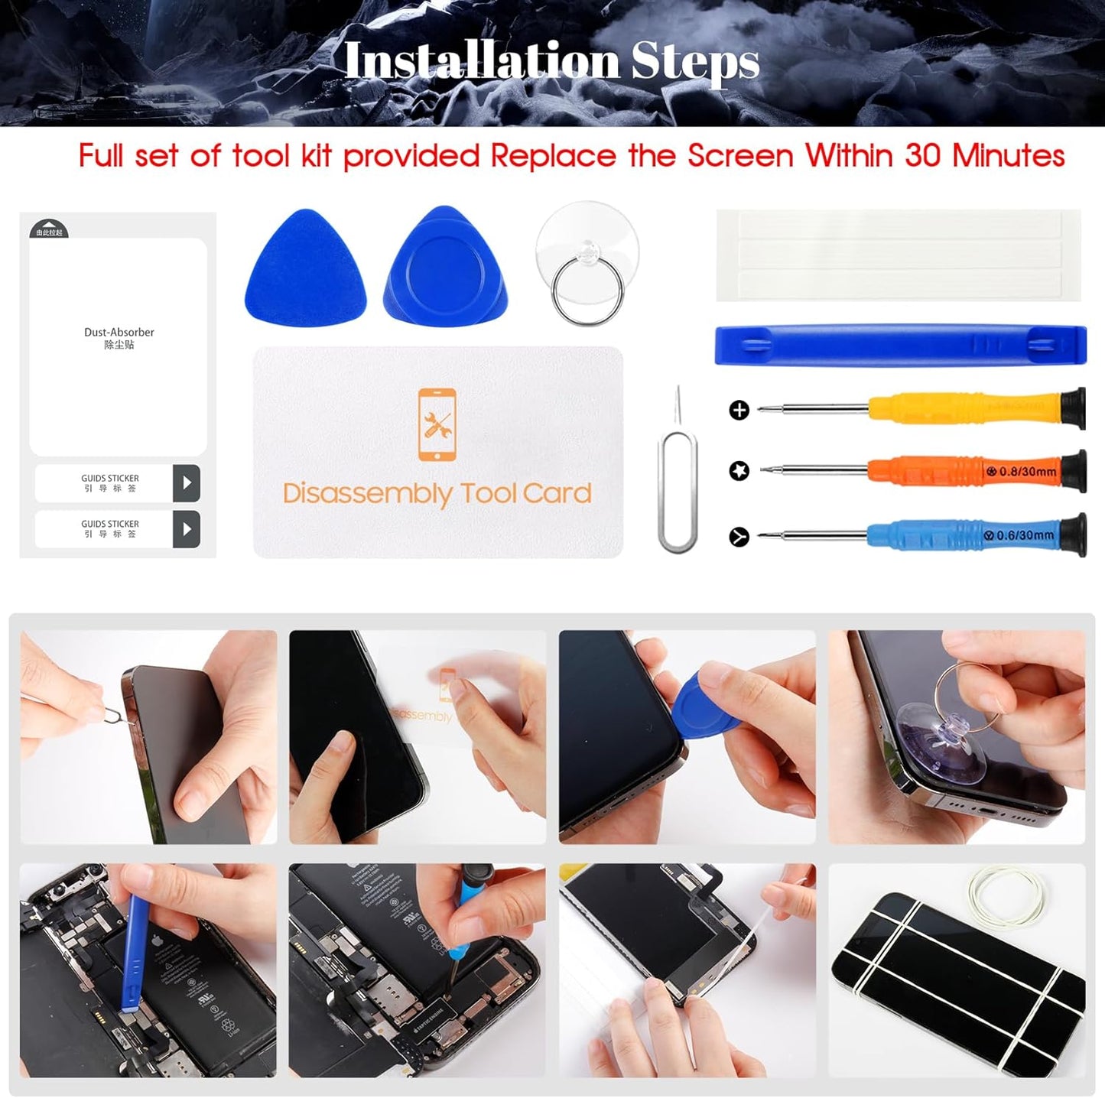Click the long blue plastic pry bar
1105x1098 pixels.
[x=900, y=345]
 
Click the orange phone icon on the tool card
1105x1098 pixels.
[x=437, y=425]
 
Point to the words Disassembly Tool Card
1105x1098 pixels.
[x=437, y=493]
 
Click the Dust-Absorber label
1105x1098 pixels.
[x=119, y=333]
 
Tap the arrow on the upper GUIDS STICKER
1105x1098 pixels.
[x=187, y=483]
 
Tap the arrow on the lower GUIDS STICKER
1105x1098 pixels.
[x=187, y=529]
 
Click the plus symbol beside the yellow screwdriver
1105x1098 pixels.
[x=739, y=410]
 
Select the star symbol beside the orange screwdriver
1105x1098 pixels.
[x=739, y=471]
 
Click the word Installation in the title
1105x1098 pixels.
[x=482, y=61]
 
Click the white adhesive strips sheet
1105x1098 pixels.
[x=899, y=255]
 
